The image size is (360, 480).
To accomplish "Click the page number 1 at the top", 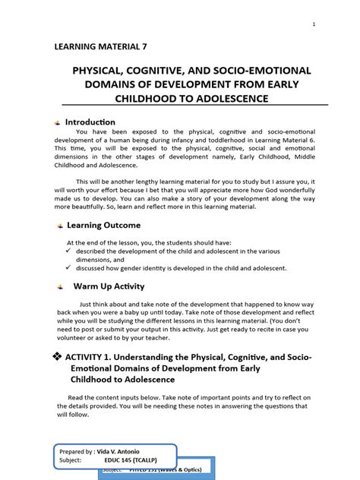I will coord(313,25).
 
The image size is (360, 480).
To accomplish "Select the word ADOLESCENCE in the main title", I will coord(240,99).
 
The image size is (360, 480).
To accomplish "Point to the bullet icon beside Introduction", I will coord(58,123).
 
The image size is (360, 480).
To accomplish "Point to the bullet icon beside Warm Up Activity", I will coord(59,287).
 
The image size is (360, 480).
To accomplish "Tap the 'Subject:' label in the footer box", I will coord(73,459).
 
